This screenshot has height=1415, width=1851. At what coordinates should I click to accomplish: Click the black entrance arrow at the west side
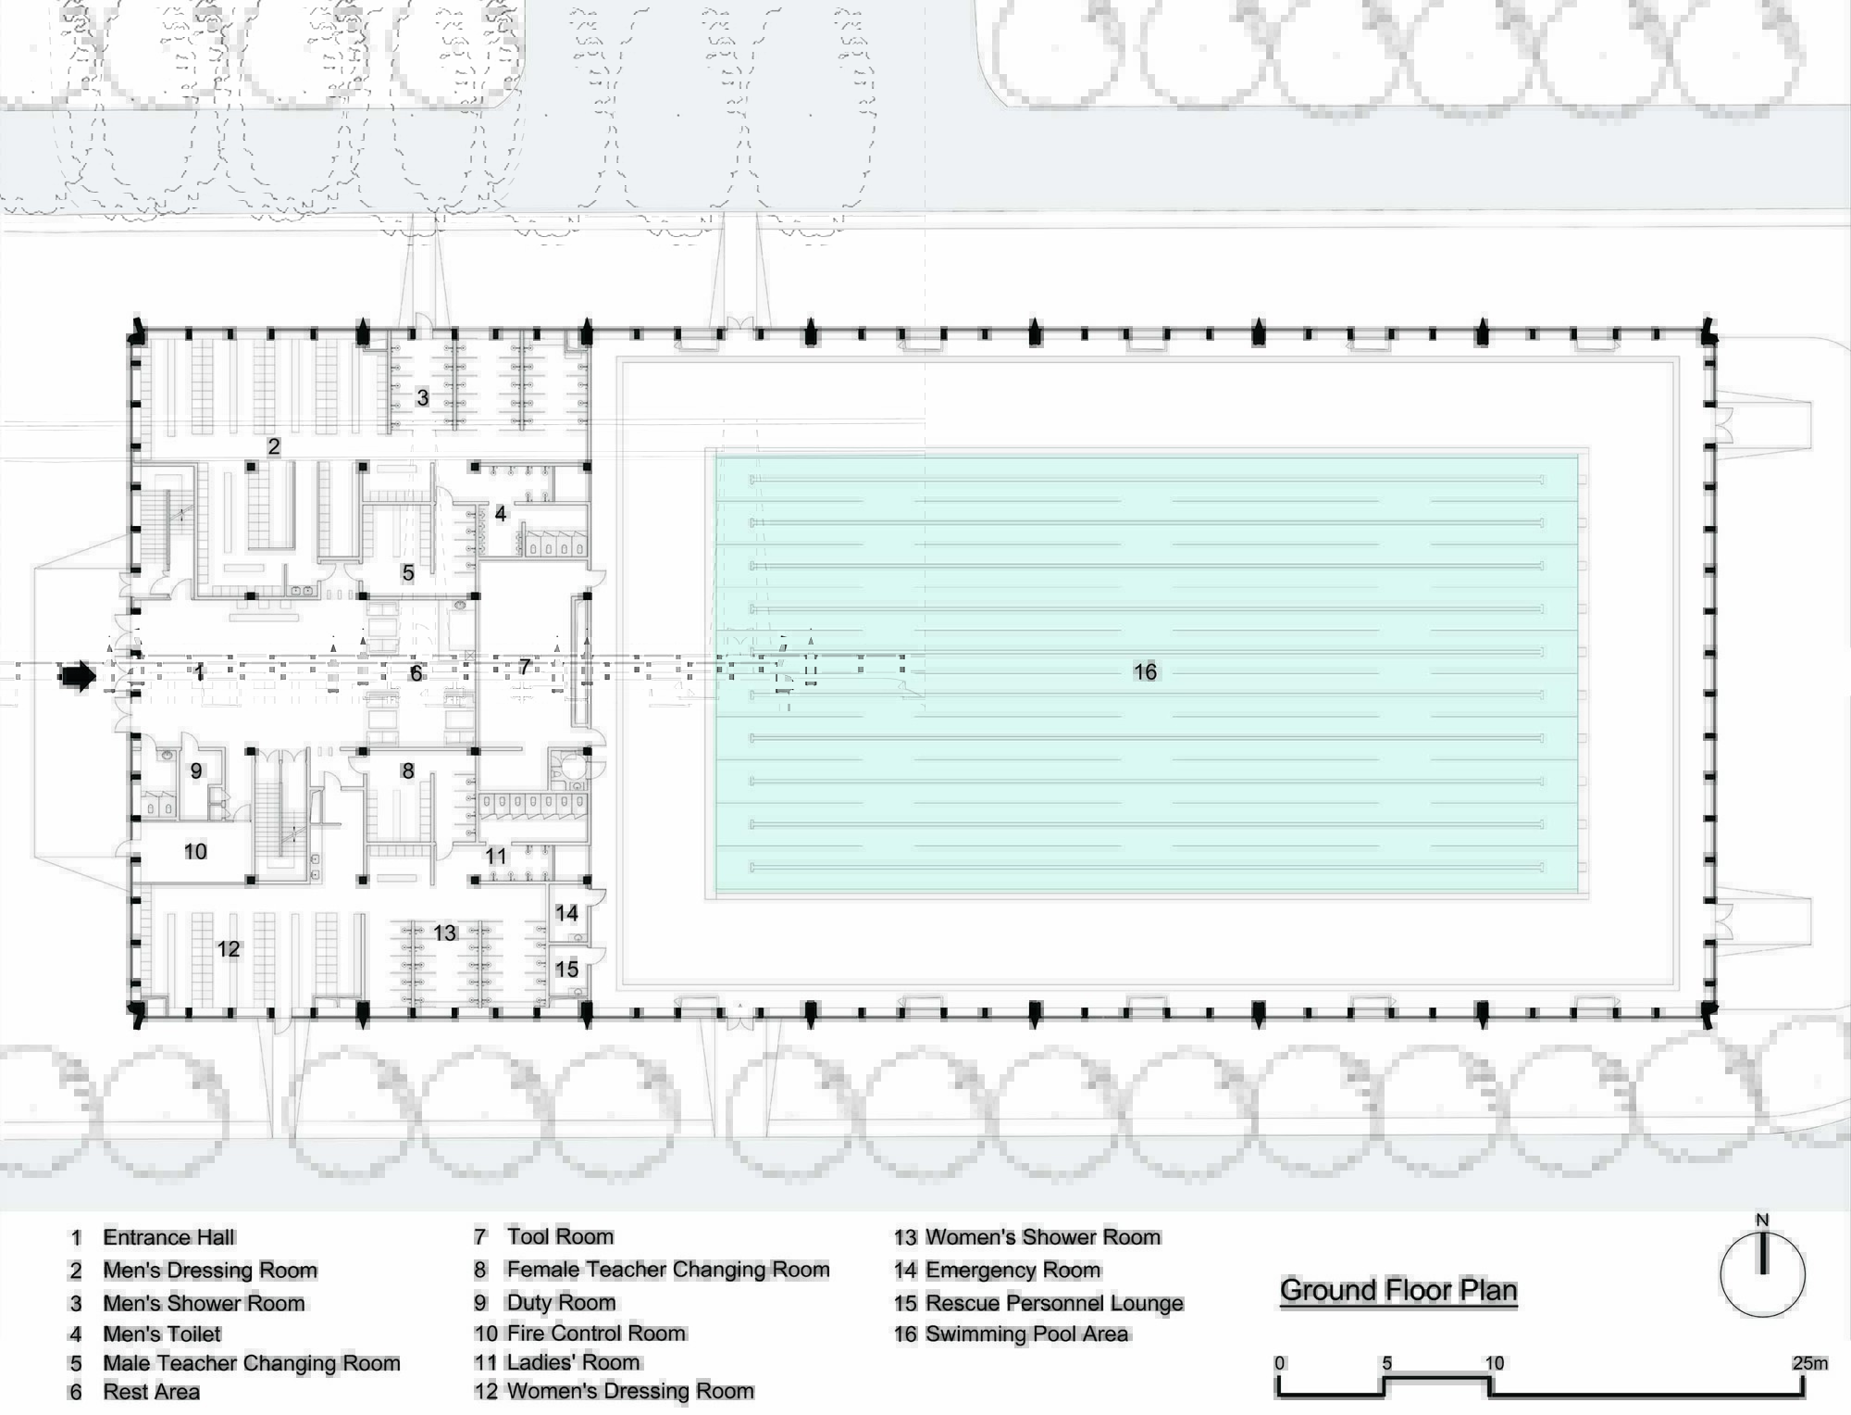[78, 676]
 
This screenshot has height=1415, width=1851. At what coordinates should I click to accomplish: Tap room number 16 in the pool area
[1145, 671]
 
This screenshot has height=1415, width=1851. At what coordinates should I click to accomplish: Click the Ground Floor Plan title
[1398, 1290]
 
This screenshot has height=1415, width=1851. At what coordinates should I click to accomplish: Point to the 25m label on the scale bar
[1809, 1362]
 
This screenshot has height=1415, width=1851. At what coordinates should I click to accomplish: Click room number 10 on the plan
[195, 851]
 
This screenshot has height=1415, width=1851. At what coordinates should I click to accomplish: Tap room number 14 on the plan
[566, 913]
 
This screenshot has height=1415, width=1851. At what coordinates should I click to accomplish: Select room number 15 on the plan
[566, 969]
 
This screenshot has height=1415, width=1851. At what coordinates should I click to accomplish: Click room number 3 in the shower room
[422, 397]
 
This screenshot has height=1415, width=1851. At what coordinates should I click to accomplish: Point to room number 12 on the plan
[228, 949]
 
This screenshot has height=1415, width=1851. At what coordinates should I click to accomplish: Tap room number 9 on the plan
[195, 770]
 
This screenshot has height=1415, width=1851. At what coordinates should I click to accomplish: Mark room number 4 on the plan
[501, 513]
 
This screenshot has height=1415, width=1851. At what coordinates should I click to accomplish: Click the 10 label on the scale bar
[1495, 1362]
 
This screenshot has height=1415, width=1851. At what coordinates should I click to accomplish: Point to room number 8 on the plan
[407, 770]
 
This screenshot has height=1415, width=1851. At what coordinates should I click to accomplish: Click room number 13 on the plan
[445, 933]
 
